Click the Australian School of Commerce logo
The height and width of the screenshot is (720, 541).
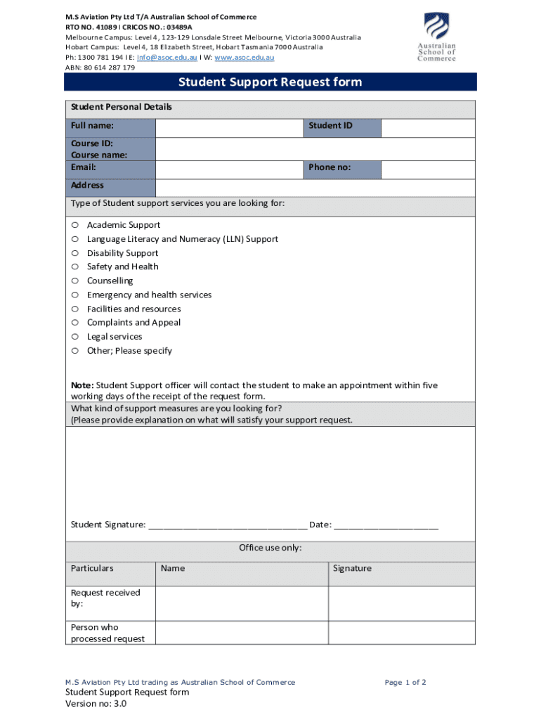coord(436,37)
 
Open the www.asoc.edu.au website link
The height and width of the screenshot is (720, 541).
coord(244,58)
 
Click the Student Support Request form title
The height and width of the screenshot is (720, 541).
coord(270,82)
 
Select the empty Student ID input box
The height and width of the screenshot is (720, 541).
coord(428,127)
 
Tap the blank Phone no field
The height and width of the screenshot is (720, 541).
coord(428,169)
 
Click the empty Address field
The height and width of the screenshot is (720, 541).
coord(315,187)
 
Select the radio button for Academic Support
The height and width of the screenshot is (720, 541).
coord(74,225)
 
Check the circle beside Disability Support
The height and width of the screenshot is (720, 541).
coord(74,253)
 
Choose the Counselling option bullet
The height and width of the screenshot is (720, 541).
coord(74,281)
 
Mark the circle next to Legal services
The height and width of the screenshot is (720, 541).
coord(74,337)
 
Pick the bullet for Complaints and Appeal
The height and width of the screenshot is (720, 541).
coord(74,323)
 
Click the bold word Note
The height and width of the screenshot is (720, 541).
coord(82,385)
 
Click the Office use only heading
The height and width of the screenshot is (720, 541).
coord(270,548)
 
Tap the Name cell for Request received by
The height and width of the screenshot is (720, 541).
coord(242,603)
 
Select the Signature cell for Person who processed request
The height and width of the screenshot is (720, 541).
coord(402,633)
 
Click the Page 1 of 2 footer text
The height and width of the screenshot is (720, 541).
coord(405,682)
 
